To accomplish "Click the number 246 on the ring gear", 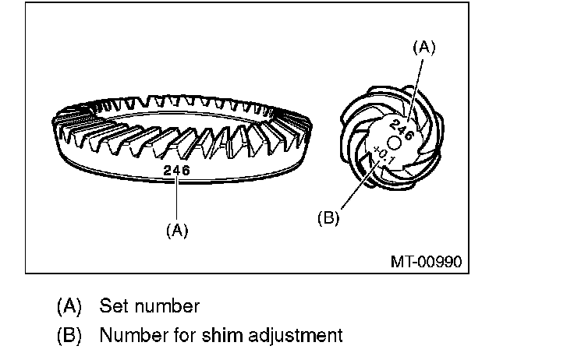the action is pyautogui.click(x=176, y=168).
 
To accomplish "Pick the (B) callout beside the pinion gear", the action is pyautogui.click(x=329, y=218).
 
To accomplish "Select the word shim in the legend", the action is pyautogui.click(x=221, y=336).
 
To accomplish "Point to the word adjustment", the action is pyautogui.click(x=295, y=337).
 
